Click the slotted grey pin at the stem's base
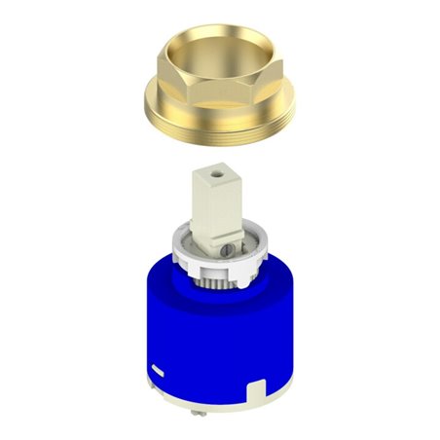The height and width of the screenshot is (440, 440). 225,252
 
